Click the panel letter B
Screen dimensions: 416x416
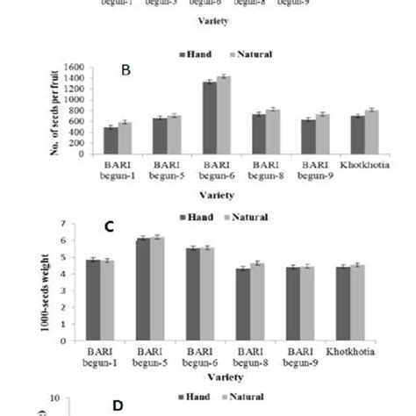click(x=126, y=70)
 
